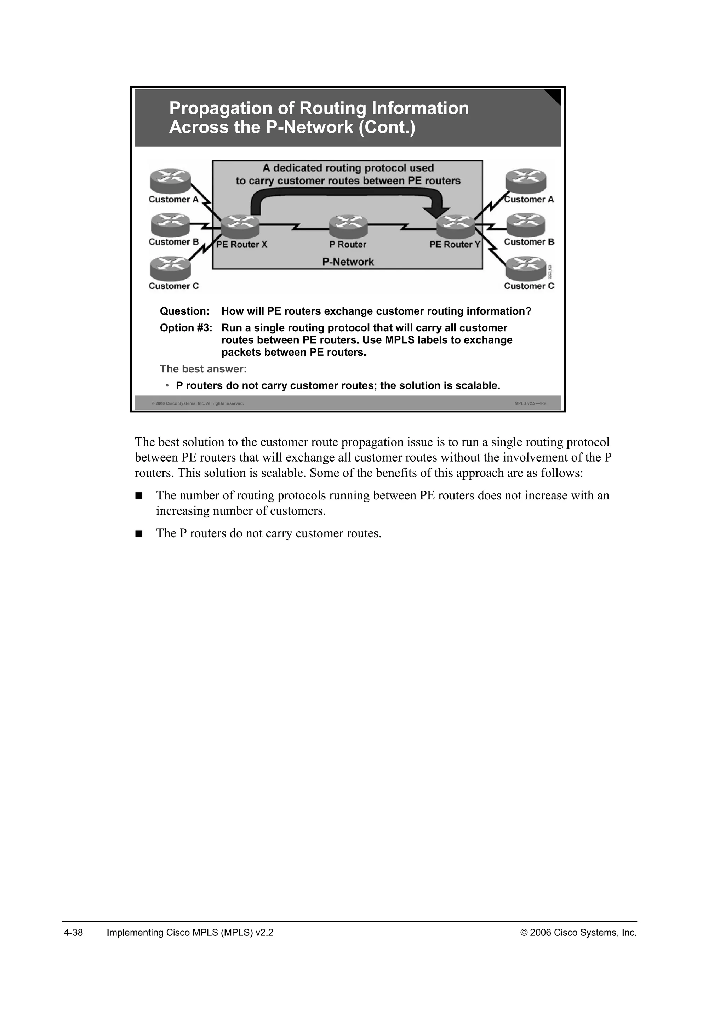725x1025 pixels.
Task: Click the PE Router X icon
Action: pyautogui.click(x=240, y=226)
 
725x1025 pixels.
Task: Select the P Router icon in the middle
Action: pyautogui.click(x=348, y=226)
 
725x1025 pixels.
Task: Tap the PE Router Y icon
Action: pyautogui.click(x=456, y=226)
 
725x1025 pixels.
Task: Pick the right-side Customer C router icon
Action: pyautogui.click(x=525, y=268)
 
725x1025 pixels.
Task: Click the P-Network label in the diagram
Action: pyautogui.click(x=348, y=262)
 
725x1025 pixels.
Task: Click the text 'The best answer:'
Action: pyautogui.click(x=203, y=369)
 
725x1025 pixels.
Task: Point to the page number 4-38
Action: pyautogui.click(x=73, y=933)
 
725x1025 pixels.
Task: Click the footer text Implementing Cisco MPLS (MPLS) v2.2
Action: pyautogui.click(x=190, y=933)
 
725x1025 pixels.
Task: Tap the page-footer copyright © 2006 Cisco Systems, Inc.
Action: pyautogui.click(x=578, y=933)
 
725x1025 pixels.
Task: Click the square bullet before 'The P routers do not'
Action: pyautogui.click(x=138, y=533)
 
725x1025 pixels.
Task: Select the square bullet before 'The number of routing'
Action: pyautogui.click(x=138, y=496)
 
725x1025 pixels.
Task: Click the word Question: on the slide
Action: pyautogui.click(x=184, y=311)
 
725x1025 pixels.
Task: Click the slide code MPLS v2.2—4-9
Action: pyautogui.click(x=530, y=403)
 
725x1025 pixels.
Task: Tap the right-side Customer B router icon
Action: pyautogui.click(x=525, y=224)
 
